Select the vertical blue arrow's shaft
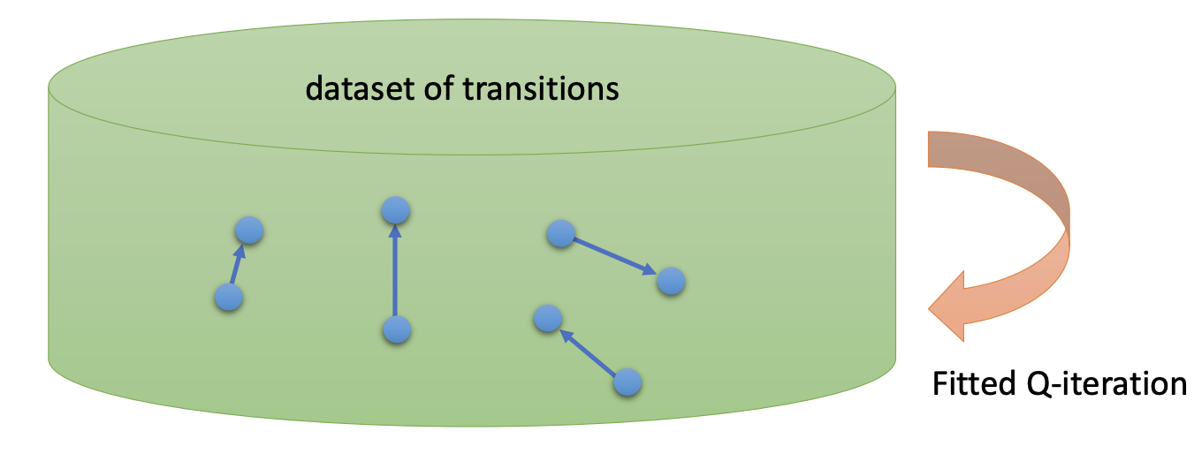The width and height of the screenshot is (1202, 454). click(395, 274)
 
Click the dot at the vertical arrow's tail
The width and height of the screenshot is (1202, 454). click(396, 330)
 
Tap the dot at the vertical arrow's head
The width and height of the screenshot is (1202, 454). click(395, 210)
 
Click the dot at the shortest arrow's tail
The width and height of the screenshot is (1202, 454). click(228, 297)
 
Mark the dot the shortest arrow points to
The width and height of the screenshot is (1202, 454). click(249, 231)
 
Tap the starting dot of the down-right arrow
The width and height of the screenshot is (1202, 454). click(560, 234)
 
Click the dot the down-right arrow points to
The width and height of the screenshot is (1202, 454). click(671, 282)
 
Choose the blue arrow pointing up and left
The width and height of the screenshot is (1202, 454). click(589, 351)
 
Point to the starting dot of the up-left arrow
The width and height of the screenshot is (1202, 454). click(627, 382)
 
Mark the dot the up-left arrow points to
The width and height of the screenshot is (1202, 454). click(548, 318)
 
